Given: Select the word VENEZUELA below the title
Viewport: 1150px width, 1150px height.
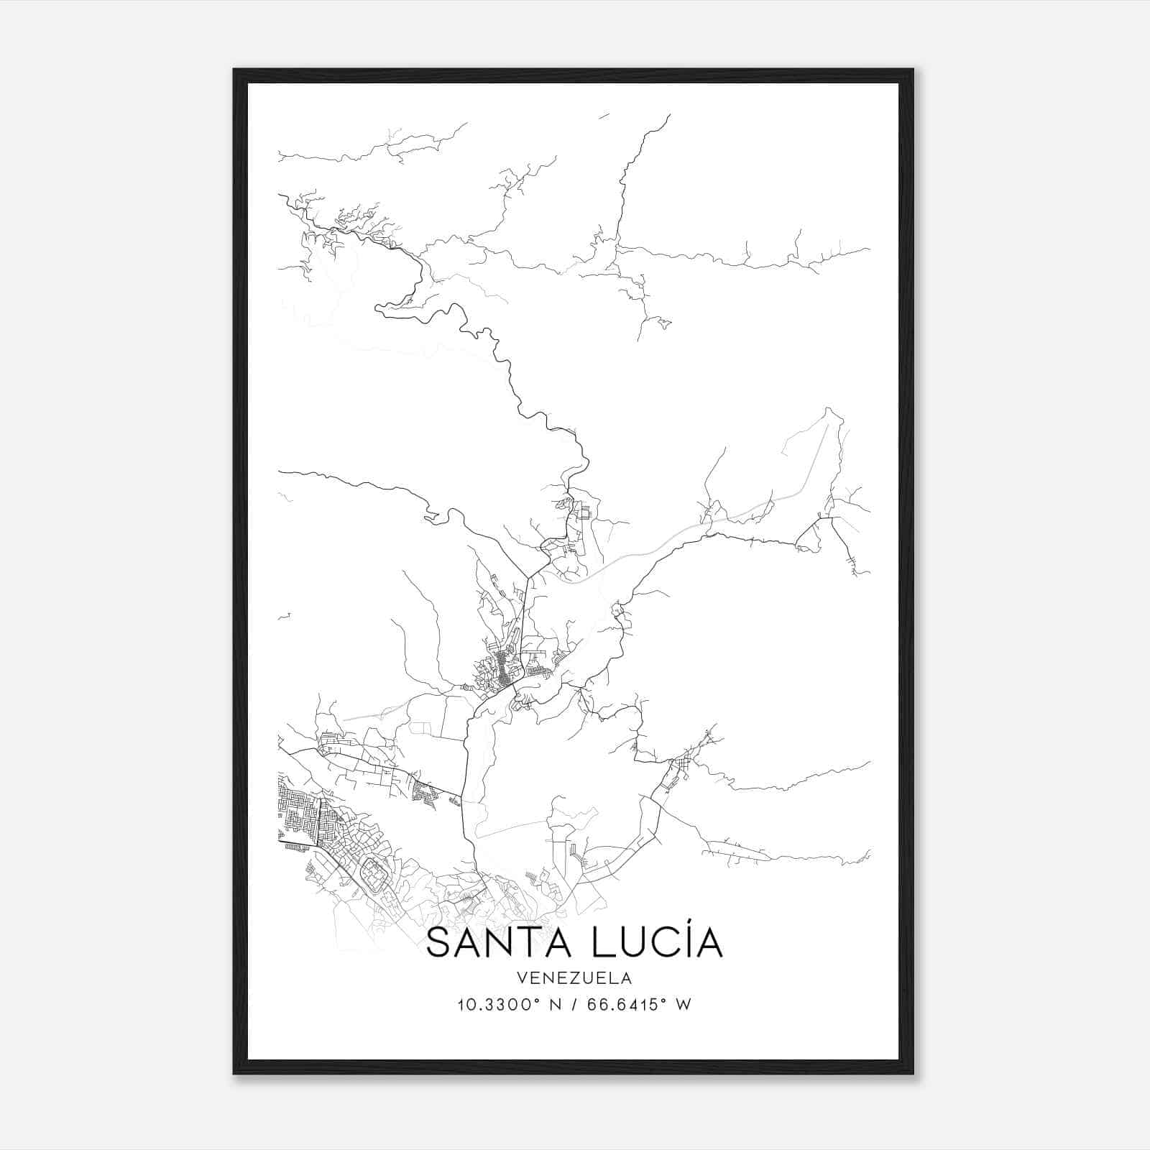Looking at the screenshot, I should [x=574, y=977].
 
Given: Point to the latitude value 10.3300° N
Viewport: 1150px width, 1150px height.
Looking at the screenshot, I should [x=500, y=1005].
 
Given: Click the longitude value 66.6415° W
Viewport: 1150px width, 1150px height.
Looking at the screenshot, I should [x=639, y=1005].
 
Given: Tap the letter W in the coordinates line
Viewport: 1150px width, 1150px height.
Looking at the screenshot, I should [x=684, y=1005].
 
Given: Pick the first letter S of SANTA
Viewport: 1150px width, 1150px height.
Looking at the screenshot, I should [x=440, y=944].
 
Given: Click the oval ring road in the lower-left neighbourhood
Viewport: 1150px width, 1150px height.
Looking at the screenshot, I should [x=374, y=873].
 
